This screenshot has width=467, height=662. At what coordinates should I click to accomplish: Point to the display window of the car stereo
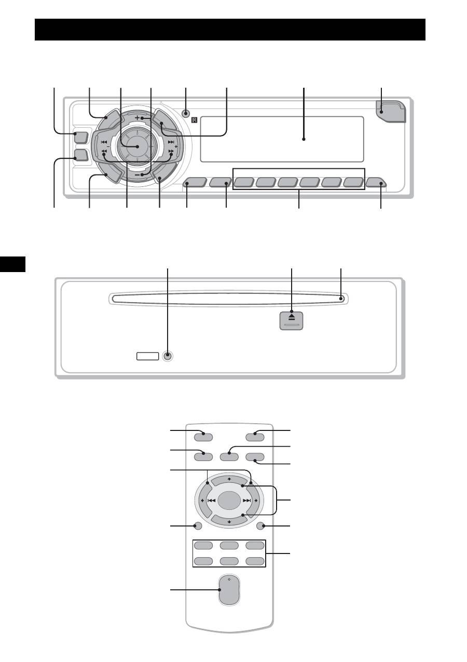pos(282,139)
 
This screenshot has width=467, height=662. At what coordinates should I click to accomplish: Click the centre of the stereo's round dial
pos(138,147)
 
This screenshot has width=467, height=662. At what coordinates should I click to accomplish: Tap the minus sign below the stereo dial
pos(138,175)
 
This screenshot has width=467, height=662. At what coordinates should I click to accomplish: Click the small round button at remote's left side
pos(197,526)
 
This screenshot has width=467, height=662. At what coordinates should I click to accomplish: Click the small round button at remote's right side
pos(262,526)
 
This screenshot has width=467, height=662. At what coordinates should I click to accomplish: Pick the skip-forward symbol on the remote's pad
pos(247,501)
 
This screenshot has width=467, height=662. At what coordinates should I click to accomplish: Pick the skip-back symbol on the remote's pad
pos(211,501)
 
